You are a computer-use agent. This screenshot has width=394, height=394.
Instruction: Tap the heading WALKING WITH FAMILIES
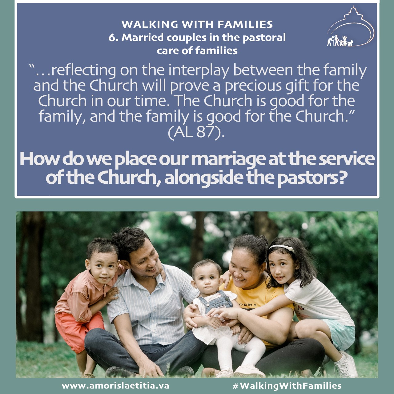(197, 24)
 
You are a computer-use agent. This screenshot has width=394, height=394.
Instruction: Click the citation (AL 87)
(196, 133)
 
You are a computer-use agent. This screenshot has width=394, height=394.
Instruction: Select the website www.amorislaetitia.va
(115, 385)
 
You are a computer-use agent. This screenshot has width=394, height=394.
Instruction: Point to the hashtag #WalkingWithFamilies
(287, 386)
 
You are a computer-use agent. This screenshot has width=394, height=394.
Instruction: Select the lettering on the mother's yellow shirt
(248, 305)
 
